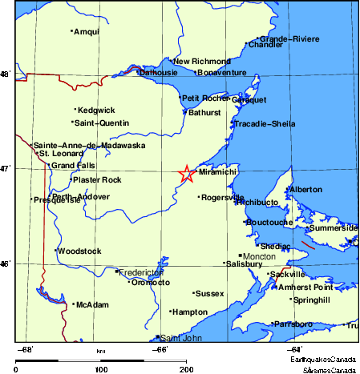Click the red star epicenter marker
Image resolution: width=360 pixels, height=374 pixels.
tap(185, 174)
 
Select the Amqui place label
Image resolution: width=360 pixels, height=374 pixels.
tap(86, 32)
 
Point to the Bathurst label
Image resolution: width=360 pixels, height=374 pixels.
tap(204, 113)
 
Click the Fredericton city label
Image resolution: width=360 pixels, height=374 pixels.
tap(141, 272)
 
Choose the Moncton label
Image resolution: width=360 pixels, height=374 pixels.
tap(259, 256)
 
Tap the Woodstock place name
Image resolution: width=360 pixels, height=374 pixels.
tap(79, 251)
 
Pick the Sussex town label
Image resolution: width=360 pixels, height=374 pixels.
tap(209, 294)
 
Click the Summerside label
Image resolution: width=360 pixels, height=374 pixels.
tap(334, 228)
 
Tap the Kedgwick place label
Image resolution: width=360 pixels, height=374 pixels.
tap(96, 110)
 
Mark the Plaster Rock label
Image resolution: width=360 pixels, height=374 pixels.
tap(97, 180)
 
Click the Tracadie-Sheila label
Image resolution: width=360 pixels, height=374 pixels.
tap(265, 124)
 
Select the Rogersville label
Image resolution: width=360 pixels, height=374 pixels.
tap(222, 197)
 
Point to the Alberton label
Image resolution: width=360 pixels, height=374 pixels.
tap(305, 190)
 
